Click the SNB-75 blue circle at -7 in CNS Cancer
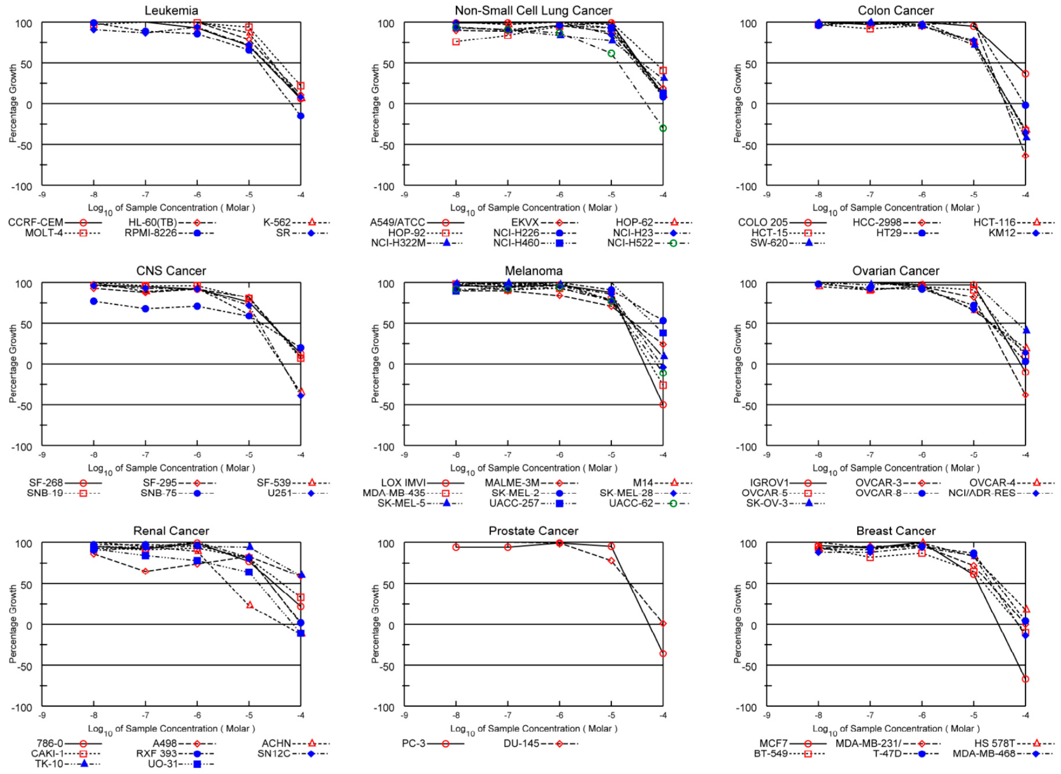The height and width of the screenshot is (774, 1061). pos(145,309)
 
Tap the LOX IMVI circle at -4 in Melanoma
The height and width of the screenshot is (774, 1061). pos(663,405)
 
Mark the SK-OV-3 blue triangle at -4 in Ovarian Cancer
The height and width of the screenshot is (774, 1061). pos(1026,330)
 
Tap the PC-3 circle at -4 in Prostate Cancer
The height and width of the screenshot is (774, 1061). pos(663,653)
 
